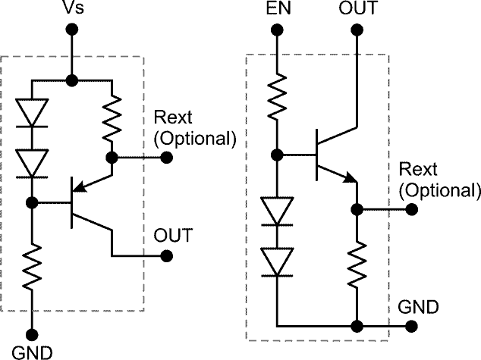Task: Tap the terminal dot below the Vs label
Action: pos(71,30)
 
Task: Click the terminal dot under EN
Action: pos(276,30)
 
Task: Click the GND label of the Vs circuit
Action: pos(33,352)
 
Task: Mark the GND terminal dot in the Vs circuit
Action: pos(33,333)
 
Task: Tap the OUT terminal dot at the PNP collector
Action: pos(167,255)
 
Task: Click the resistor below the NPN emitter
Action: pos(356,263)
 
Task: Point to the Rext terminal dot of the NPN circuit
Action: pos(410,208)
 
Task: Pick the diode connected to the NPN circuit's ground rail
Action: pos(276,261)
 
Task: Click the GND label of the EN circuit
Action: pos(418,307)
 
